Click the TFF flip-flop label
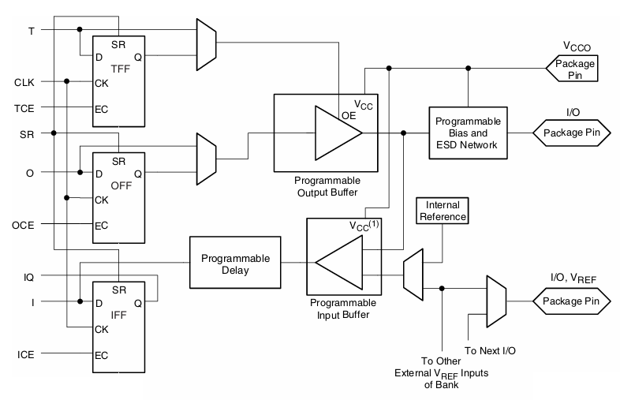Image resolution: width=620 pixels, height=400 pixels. point(120,69)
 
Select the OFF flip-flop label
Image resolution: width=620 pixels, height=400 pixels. point(120,187)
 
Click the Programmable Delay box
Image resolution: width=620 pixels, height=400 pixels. point(235,264)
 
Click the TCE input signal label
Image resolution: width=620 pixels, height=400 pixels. point(24,107)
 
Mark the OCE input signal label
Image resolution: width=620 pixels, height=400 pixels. point(24,226)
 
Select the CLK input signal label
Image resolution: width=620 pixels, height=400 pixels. point(24,81)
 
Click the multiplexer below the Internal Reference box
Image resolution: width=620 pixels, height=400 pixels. point(413,275)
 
